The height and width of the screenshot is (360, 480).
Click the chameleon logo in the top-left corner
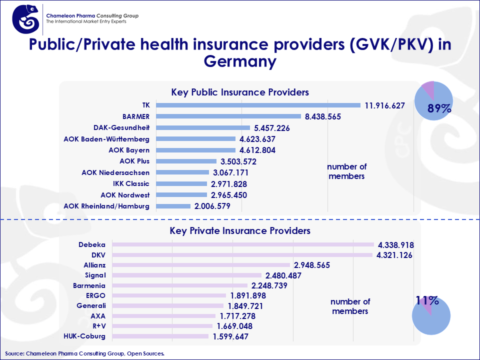(x=25, y=19)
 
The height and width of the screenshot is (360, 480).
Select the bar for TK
(x=258, y=105)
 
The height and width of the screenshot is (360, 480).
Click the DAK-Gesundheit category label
(x=121, y=127)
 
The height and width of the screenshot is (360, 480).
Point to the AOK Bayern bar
(x=195, y=150)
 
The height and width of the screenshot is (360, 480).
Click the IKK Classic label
(x=130, y=183)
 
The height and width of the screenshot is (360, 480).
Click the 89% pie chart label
(x=439, y=108)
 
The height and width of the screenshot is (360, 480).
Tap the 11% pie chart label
(x=427, y=300)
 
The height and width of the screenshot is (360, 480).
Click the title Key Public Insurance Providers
(x=239, y=92)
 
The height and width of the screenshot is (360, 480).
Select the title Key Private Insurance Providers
(x=240, y=231)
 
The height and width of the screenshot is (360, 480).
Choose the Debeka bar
(x=243, y=244)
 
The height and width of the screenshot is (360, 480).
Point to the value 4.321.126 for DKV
(x=395, y=255)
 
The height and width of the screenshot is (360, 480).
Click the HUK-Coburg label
(x=85, y=336)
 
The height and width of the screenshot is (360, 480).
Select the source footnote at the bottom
(x=84, y=353)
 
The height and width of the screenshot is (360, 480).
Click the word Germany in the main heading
(x=240, y=61)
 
